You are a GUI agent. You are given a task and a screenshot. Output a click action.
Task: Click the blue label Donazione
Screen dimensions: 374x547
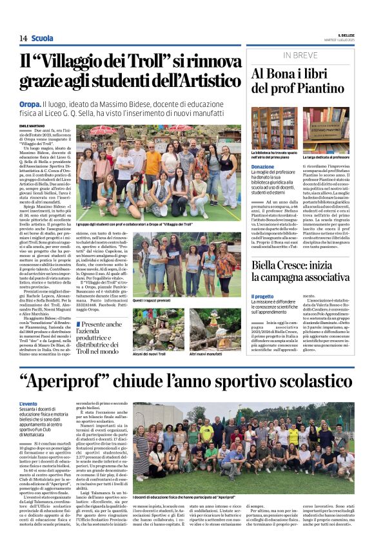(x=262, y=167)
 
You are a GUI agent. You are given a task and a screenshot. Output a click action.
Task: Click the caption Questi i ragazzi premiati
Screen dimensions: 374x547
(x=152, y=300)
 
